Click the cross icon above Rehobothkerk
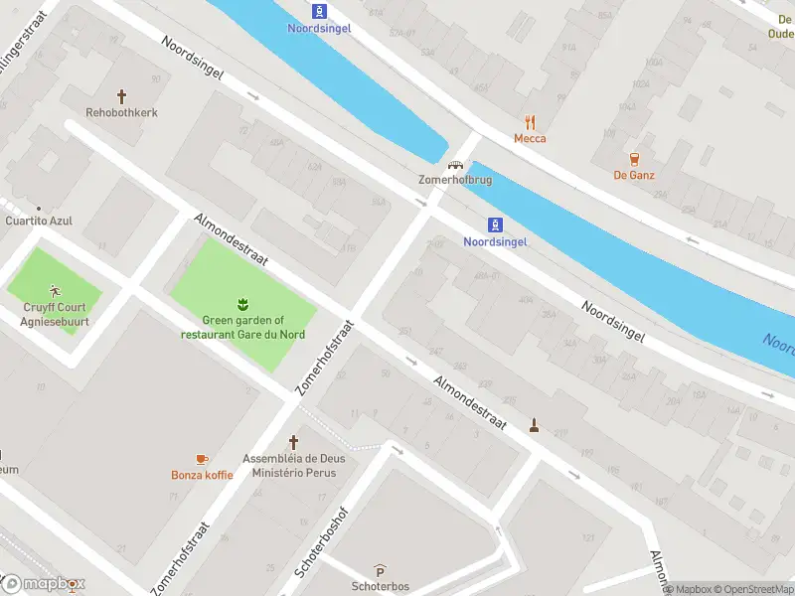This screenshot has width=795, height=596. tap(122, 96)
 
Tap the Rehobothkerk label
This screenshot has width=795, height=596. tap(122, 113)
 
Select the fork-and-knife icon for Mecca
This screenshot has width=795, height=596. tap(530, 123)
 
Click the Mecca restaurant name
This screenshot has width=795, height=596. tap(530, 139)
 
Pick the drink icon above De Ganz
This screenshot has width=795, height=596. tap(633, 159)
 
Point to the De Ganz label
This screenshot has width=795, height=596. tap(633, 176)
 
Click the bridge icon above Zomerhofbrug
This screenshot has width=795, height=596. tap(455, 165)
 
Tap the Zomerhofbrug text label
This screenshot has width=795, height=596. tap(454, 181)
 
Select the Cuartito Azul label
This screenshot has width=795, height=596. tap(39, 221)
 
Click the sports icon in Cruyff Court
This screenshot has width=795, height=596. tap(55, 291)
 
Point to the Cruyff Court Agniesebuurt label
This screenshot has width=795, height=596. tap(55, 314)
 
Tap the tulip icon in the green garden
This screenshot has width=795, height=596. tap(242, 302)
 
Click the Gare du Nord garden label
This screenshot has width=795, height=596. tap(242, 327)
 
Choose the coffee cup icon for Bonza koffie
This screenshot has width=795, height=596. tap(202, 458)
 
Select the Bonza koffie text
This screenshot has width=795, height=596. tap(202, 475)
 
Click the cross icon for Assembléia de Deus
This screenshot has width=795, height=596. tap(293, 442)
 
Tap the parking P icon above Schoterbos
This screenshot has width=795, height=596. tap(380, 570)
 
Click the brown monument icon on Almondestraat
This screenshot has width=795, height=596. tap(535, 426)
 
